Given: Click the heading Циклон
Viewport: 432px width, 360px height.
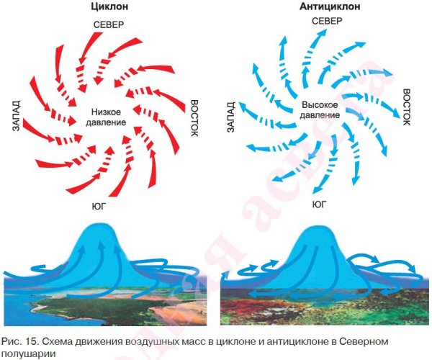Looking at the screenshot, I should pyautogui.click(x=109, y=6).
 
